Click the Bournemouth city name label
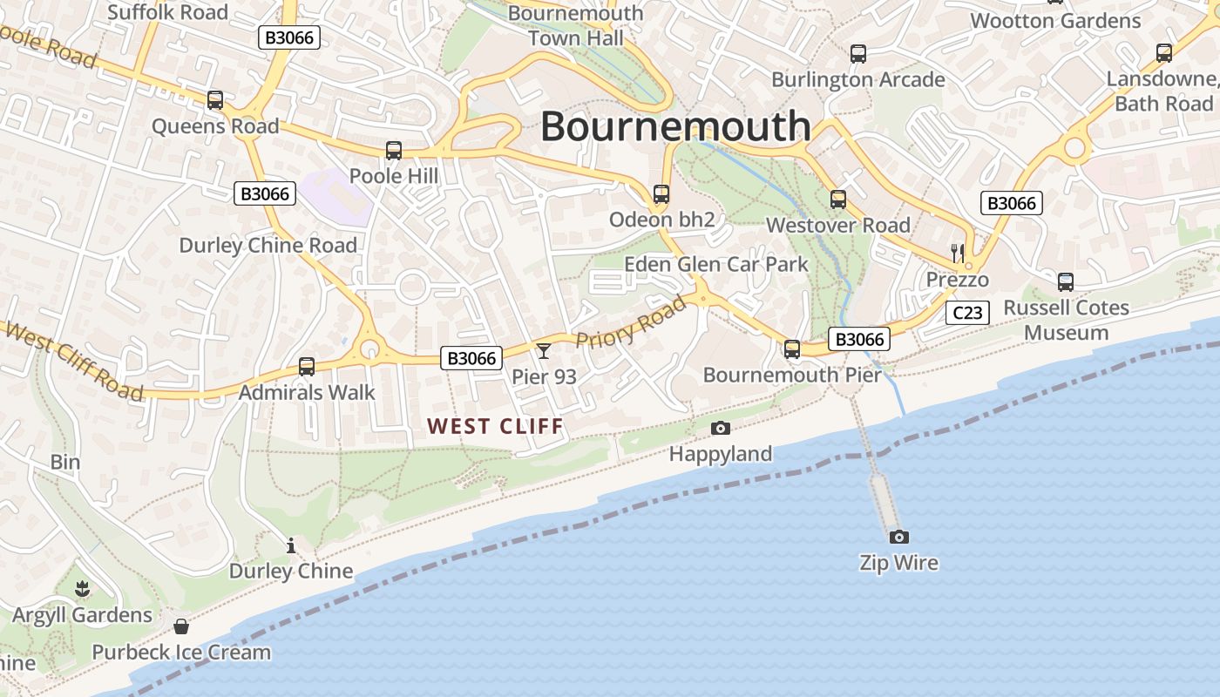pyautogui.click(x=675, y=127)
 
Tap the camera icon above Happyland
pyautogui.click(x=721, y=428)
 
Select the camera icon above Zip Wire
pyautogui.click(x=898, y=537)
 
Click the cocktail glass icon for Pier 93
pyautogui.click(x=544, y=351)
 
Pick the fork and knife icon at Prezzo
pyautogui.click(x=958, y=254)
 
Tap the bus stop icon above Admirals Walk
pyautogui.click(x=306, y=367)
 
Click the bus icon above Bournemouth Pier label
pyautogui.click(x=792, y=349)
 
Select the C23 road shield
pyautogui.click(x=967, y=313)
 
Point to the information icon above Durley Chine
pyautogui.click(x=291, y=545)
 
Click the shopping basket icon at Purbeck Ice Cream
pyautogui.click(x=181, y=626)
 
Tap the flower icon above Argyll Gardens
pyautogui.click(x=82, y=590)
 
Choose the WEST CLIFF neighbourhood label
pyautogui.click(x=495, y=426)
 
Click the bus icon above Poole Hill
pyautogui.click(x=394, y=151)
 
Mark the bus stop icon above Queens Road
pyautogui.click(x=215, y=100)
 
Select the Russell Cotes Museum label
pyautogui.click(x=1066, y=320)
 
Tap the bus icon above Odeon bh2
pyautogui.click(x=661, y=194)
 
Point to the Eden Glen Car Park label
pyautogui.click(x=716, y=264)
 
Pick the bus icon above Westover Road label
pyautogui.click(x=838, y=200)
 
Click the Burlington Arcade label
pyautogui.click(x=857, y=80)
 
